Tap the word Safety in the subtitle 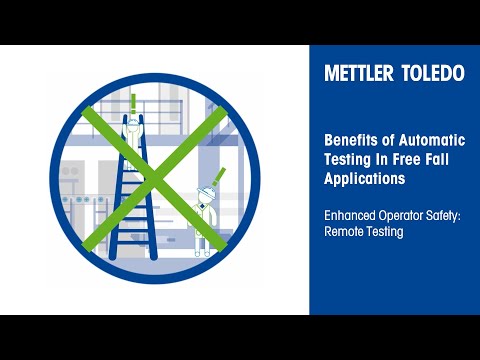456,214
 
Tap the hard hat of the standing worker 206,189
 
